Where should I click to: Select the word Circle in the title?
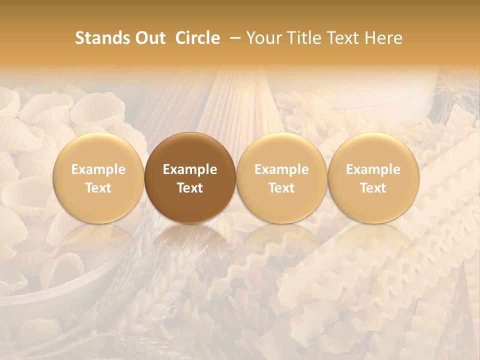click(197, 38)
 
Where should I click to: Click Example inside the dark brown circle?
click(190, 169)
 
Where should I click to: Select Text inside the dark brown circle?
click(190, 188)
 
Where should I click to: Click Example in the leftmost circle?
click(98, 169)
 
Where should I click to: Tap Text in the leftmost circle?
click(98, 188)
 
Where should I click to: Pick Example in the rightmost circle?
click(373, 169)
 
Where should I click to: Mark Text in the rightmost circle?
click(373, 188)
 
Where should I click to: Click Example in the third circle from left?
click(281, 169)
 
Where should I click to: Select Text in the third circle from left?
click(281, 188)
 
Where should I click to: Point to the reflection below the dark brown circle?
click(190, 240)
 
